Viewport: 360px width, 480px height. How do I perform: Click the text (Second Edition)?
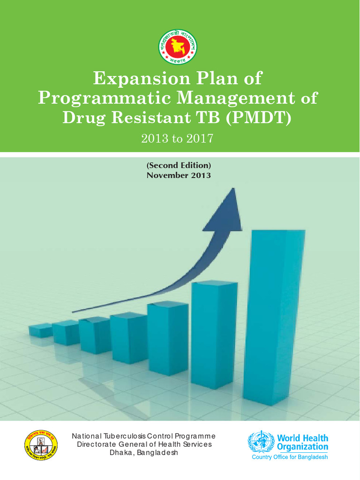(x=179, y=165)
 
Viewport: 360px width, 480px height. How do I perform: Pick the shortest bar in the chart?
(x=40, y=330)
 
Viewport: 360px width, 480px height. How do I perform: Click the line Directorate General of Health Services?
(x=144, y=444)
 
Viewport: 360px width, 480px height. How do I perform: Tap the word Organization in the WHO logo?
(x=302, y=447)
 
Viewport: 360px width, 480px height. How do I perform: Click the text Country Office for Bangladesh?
(x=290, y=457)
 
